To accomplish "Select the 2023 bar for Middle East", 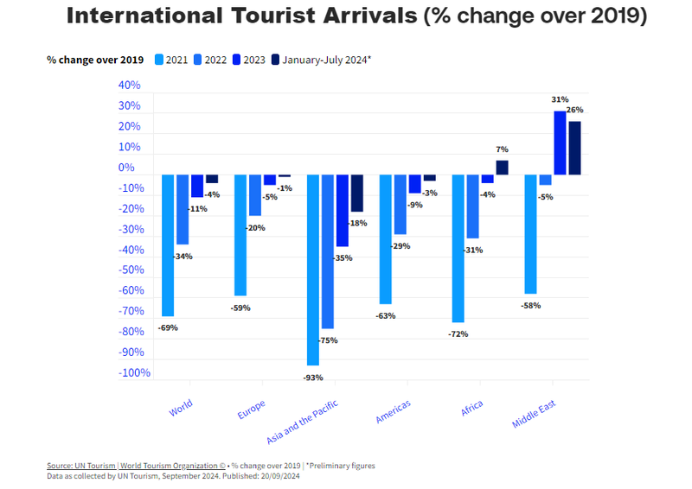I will [x=560, y=143].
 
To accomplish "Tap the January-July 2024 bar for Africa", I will [x=502, y=168].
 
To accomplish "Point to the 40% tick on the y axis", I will [x=129, y=86].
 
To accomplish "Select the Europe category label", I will [x=252, y=409].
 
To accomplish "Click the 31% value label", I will [x=560, y=100].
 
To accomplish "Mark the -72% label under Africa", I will [x=458, y=334].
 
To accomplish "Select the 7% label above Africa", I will [x=503, y=149].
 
